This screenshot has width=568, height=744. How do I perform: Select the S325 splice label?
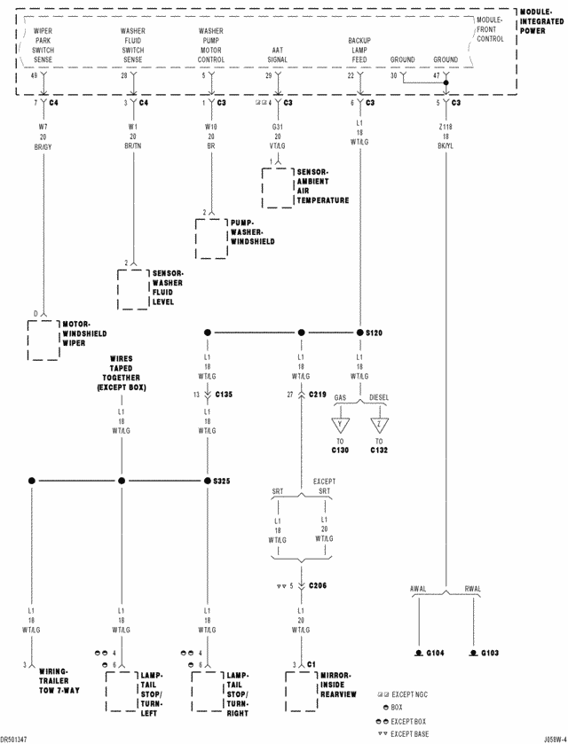[222, 481]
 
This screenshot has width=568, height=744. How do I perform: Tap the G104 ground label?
[435, 654]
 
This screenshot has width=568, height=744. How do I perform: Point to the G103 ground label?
[490, 654]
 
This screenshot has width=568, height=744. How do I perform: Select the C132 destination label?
[379, 450]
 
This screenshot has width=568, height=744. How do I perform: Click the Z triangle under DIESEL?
[379, 422]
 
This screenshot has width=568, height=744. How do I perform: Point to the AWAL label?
[418, 589]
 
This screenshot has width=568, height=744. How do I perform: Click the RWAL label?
[472, 589]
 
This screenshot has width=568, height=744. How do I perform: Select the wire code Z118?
[446, 128]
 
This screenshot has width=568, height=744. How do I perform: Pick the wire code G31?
[278, 128]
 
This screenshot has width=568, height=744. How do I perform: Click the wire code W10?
[211, 128]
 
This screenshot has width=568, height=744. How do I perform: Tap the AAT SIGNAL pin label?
[279, 55]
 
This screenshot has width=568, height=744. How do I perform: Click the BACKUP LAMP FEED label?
[359, 51]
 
